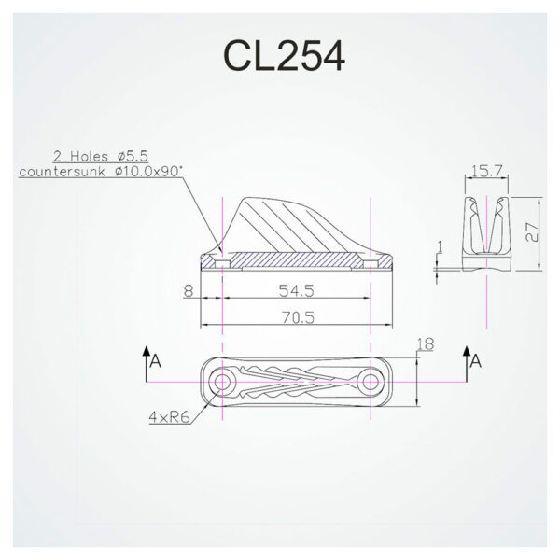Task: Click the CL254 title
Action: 284,54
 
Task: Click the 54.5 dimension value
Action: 296,292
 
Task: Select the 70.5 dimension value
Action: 296,318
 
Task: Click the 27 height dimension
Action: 531,233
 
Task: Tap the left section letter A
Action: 157,359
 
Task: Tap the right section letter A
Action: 477,359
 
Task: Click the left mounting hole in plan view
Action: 223,384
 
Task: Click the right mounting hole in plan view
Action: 371,384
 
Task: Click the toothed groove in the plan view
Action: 297,384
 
